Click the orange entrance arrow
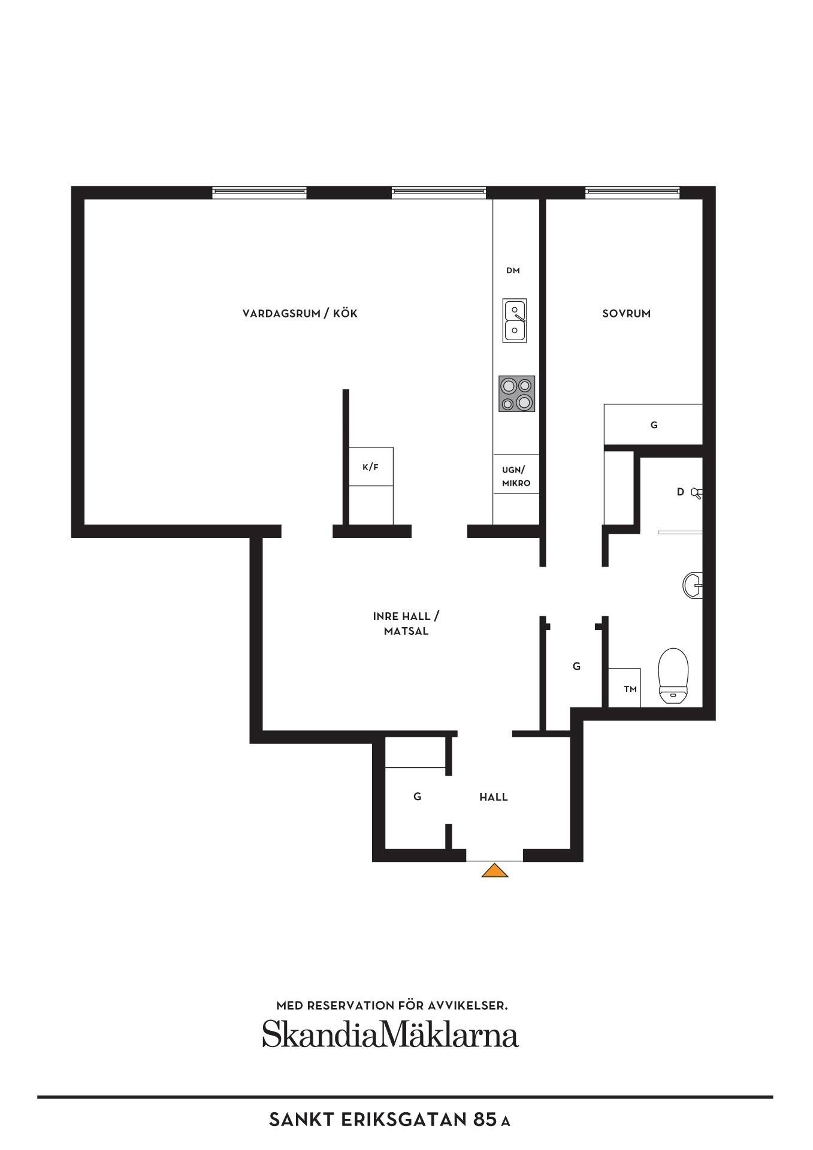pyautogui.click(x=495, y=870)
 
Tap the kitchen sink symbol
pyautogui.click(x=515, y=320)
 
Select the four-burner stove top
pyautogui.click(x=516, y=394)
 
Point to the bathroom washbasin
pyautogui.click(x=693, y=585)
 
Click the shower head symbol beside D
pyautogui.click(x=696, y=493)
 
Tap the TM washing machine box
pyautogui.click(x=625, y=688)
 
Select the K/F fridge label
pyautogui.click(x=370, y=467)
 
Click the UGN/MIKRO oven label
pyautogui.click(x=516, y=477)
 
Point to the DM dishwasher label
pyautogui.click(x=513, y=271)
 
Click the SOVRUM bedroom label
pyautogui.click(x=626, y=313)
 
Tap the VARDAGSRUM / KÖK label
pyautogui.click(x=300, y=313)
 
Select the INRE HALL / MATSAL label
pyautogui.click(x=406, y=624)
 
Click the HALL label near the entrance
pyautogui.click(x=493, y=797)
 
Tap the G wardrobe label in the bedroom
pyautogui.click(x=654, y=425)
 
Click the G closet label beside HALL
pyautogui.click(x=417, y=797)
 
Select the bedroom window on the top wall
pyautogui.click(x=632, y=192)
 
